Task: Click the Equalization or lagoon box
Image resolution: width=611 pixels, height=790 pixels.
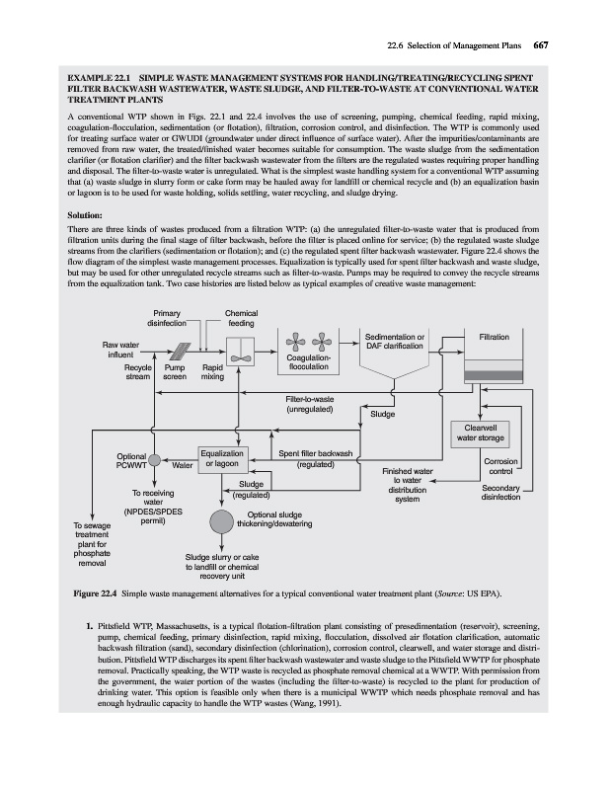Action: [222, 459]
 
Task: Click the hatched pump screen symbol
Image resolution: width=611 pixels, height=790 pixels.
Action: [184, 354]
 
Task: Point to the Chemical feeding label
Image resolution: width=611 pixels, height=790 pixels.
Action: [241, 319]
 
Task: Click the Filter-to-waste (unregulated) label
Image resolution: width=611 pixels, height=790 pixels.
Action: [309, 403]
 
